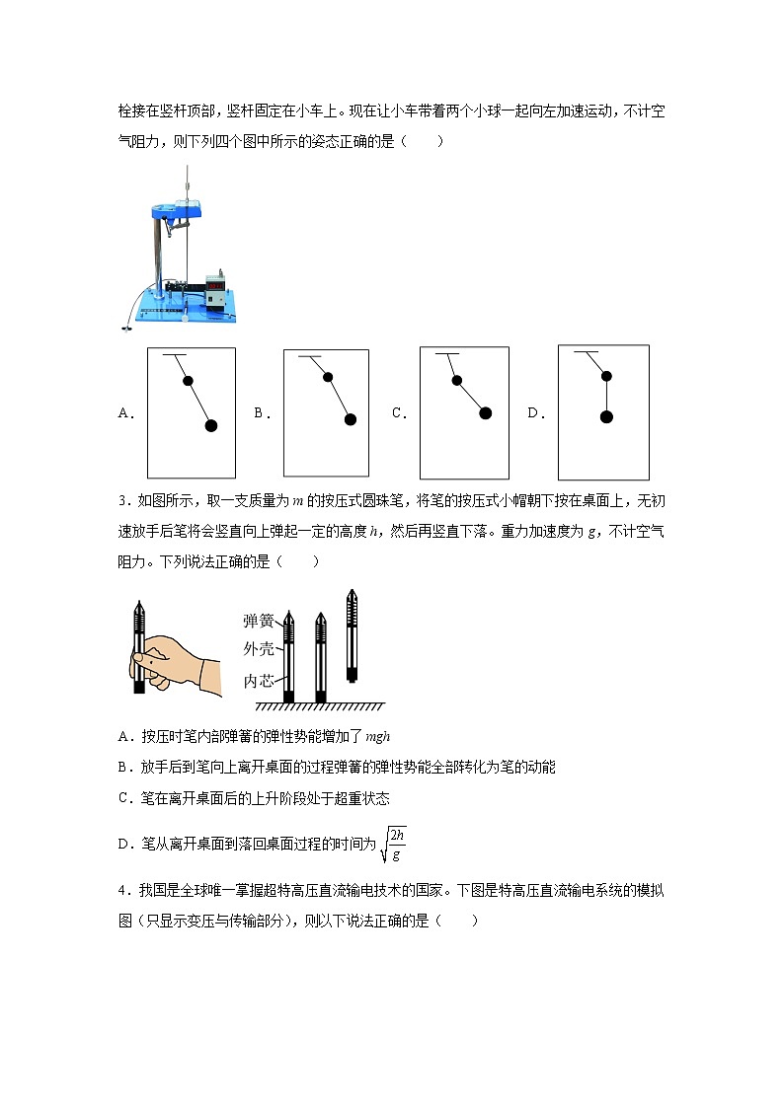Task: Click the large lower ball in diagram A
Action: [210, 425]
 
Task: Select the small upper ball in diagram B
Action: [328, 377]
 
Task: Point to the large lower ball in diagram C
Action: [485, 413]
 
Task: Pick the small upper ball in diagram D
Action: [606, 376]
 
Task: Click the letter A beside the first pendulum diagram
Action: [125, 414]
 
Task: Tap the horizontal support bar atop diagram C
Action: [447, 354]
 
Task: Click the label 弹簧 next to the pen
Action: [259, 621]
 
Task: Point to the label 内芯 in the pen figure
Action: [259, 681]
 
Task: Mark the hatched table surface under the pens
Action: [320, 706]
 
